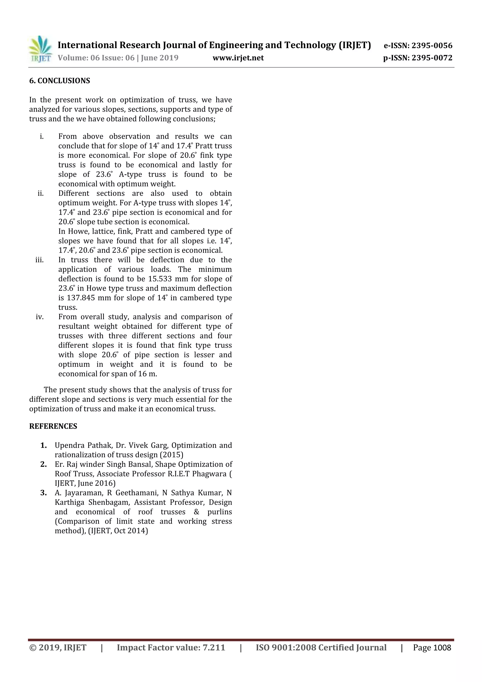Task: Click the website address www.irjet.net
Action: coord(238,58)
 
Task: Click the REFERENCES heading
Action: coord(53,426)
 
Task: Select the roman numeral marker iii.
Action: coord(40,260)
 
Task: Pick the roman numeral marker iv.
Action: coord(40,317)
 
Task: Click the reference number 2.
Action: coord(43,464)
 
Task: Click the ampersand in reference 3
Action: coord(196,512)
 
